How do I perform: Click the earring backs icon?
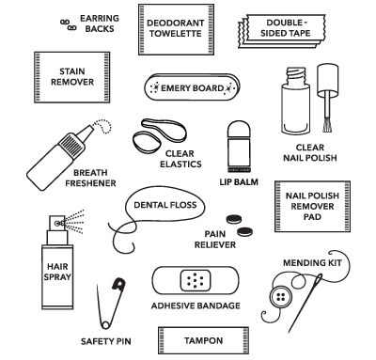point(69,25)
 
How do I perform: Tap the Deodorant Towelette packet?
point(176,29)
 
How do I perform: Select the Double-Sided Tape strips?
point(282,31)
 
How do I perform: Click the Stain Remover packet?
point(72,77)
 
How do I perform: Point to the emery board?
point(192,87)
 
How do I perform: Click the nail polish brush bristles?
point(327,125)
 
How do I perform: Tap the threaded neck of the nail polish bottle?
point(295,76)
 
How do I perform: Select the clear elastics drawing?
point(158,135)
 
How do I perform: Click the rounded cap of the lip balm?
point(239,129)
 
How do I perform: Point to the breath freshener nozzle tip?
point(91,127)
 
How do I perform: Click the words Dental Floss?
point(165,205)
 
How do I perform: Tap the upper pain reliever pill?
point(234,219)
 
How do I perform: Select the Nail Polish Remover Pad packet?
point(312,206)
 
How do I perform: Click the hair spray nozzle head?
point(57,223)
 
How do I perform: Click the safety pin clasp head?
point(119,284)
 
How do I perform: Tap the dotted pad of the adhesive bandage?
point(196,280)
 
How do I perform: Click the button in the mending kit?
point(279,297)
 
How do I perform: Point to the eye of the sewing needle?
point(320,278)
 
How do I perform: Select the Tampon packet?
point(203,340)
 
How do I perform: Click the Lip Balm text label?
point(239,182)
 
